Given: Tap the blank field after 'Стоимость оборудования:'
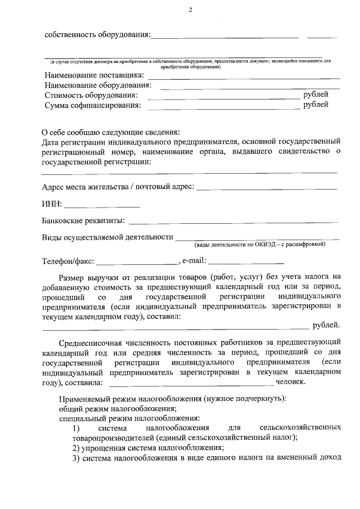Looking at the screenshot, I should (x=223, y=97).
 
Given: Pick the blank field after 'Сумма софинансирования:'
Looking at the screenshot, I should (x=223, y=107).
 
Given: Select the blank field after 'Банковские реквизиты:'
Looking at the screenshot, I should (x=233, y=223).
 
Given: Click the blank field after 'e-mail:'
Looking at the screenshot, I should (x=247, y=263).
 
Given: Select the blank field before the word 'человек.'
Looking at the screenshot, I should (x=190, y=384).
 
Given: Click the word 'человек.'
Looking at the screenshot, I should (x=291, y=382).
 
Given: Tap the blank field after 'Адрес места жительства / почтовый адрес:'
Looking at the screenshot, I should (x=267, y=188).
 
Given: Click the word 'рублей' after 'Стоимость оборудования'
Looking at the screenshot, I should (x=316, y=94).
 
